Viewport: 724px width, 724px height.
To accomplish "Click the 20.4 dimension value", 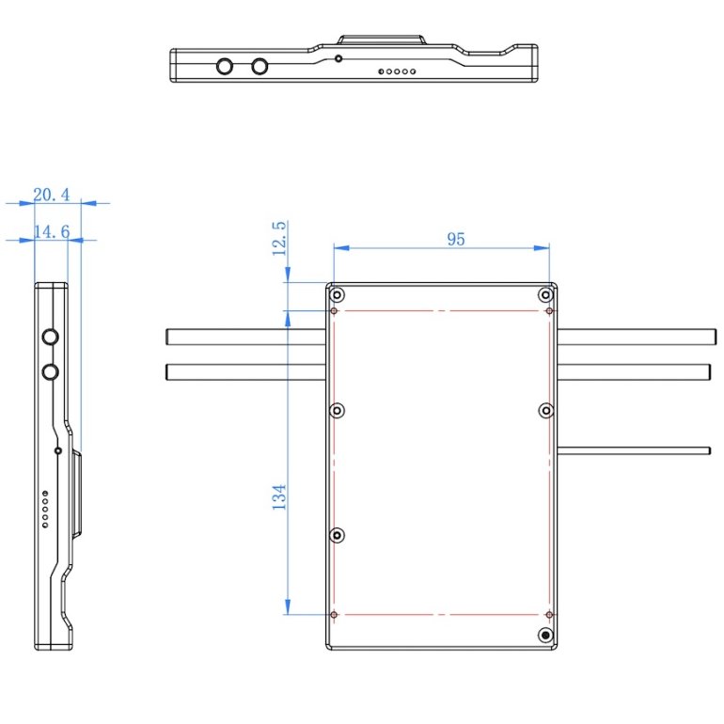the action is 52,195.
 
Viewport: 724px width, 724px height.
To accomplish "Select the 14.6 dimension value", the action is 52,232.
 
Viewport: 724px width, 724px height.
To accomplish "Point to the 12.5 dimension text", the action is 279,238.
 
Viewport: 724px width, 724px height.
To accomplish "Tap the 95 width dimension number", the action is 456,239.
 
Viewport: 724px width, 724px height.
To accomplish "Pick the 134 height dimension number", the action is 279,497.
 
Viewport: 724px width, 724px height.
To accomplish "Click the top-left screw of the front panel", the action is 337,294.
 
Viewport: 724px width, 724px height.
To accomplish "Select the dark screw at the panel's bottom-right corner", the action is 545,636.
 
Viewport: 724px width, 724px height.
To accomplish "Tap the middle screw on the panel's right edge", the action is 545,411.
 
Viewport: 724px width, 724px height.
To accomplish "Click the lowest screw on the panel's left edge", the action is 338,536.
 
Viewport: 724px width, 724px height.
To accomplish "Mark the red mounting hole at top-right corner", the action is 549,310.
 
